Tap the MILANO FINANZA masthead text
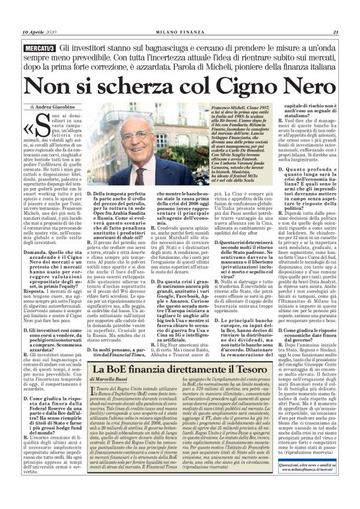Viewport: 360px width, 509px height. [x=180, y=16]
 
